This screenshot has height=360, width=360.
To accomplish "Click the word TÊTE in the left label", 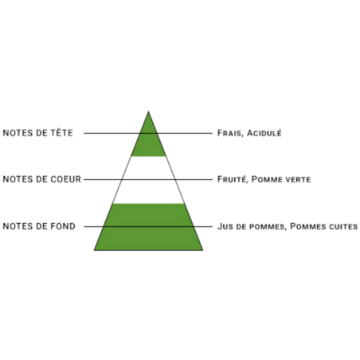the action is point(61,132).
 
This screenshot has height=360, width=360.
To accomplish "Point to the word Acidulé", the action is point(264,132).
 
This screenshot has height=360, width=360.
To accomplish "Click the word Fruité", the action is point(233,179).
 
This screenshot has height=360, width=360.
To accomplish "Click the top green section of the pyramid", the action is point(148,141).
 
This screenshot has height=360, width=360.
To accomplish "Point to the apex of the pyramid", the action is point(148,112).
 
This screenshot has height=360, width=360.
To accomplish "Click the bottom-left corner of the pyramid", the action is point(94,250).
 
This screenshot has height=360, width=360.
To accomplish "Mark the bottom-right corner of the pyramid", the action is point(203,250).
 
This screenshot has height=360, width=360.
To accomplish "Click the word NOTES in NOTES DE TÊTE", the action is point(18,133).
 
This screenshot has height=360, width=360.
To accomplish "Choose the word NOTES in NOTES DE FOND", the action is point(18,226).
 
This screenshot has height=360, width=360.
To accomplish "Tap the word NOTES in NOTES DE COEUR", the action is point(18,179).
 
